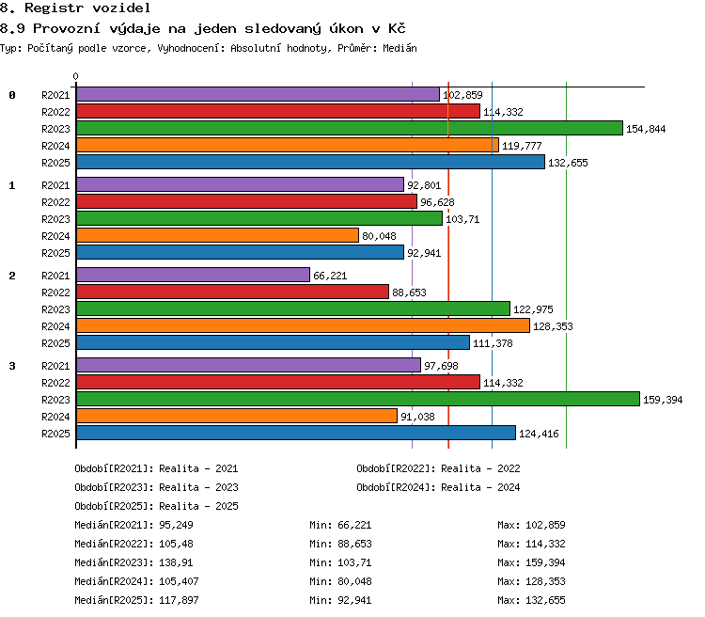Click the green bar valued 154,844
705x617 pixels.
point(350,128)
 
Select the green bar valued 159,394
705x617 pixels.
point(358,399)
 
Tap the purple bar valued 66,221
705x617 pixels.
point(193,275)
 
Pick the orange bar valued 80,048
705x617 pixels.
point(217,235)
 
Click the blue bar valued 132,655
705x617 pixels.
point(310,162)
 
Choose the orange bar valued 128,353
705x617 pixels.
point(303,325)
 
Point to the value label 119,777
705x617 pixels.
point(522,146)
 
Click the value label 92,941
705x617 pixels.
point(424,253)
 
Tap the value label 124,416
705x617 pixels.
point(539,434)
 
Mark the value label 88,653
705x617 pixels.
point(409,293)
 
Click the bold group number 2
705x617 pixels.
point(12,276)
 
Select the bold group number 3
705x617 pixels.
point(12,366)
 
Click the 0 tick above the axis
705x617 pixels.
point(75,76)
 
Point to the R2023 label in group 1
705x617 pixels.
point(55,219)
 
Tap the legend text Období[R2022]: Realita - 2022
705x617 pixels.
point(438,468)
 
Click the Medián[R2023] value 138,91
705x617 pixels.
point(176,562)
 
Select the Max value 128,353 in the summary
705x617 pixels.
point(545,581)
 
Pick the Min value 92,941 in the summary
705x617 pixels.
point(354,600)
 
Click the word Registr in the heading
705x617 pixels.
point(54,8)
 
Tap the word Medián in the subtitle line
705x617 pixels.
point(399,48)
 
